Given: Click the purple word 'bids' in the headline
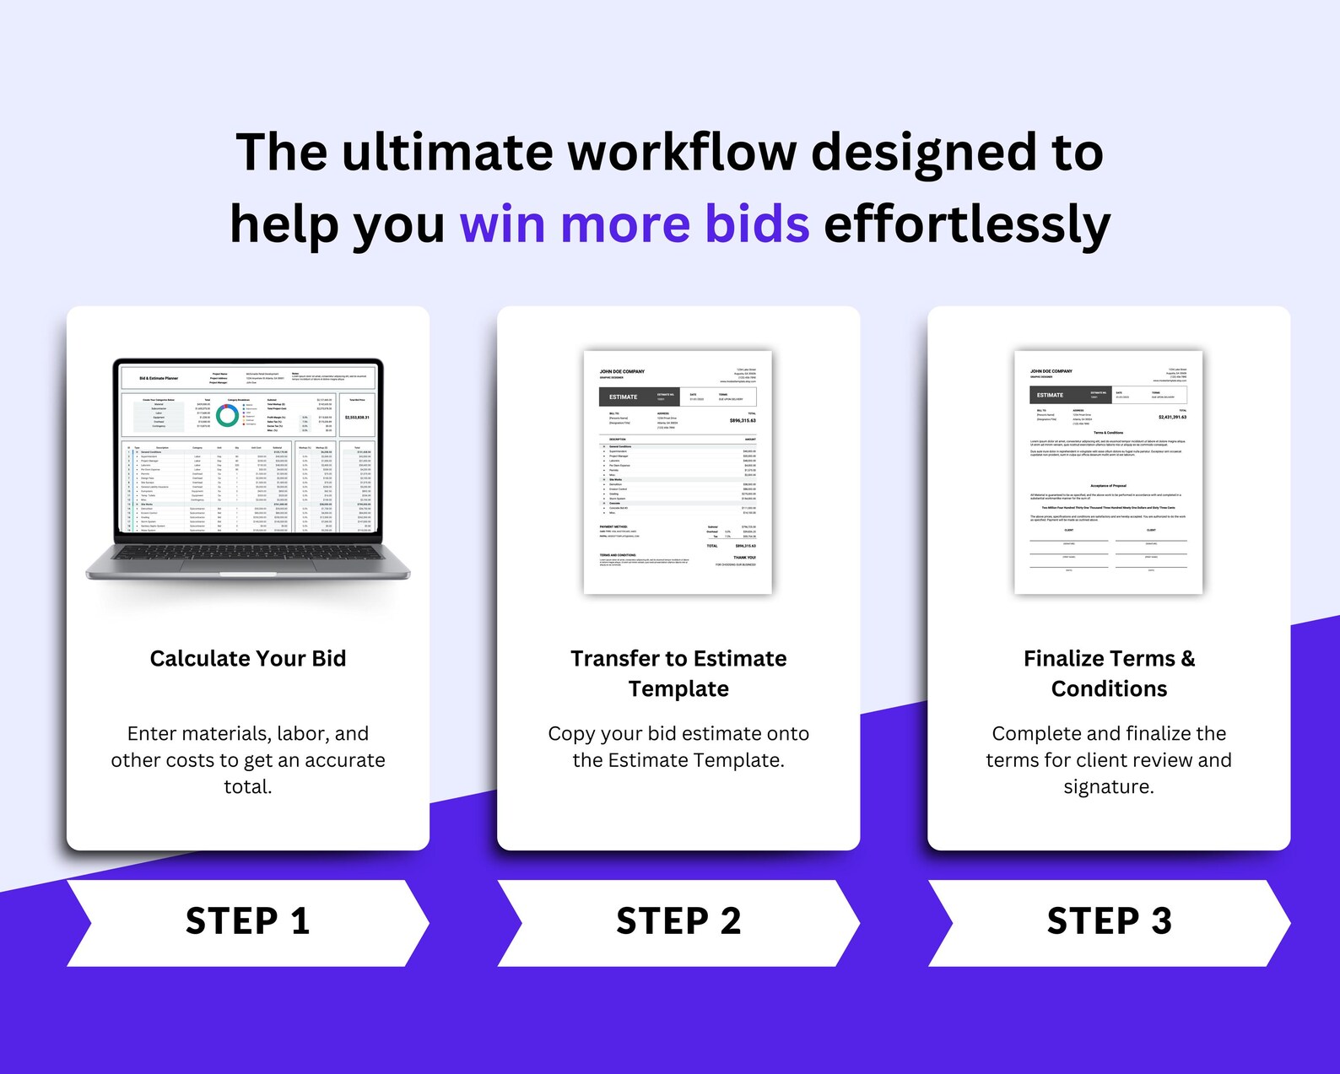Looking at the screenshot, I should click(x=757, y=224).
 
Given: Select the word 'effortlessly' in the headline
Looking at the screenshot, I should click(x=966, y=224).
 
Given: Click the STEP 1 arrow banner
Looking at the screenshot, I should click(x=247, y=922).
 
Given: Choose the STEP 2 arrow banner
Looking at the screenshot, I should click(x=678, y=922).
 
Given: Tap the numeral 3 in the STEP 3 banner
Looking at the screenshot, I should click(x=1161, y=921).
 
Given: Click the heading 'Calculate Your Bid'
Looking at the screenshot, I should click(x=248, y=658).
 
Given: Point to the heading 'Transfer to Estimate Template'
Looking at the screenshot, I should click(x=678, y=673).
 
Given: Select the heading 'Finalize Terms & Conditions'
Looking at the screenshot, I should click(x=1109, y=673).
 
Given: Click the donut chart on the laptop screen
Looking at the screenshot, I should click(x=227, y=415).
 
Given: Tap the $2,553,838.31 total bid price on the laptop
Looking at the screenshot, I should click(x=357, y=417).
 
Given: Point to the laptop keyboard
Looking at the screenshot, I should click(x=248, y=553).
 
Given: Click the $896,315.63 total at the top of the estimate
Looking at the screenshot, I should click(x=743, y=420).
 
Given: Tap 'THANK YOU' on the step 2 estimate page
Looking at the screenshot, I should click(x=744, y=558).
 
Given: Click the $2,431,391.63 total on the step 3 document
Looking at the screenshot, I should click(x=1172, y=417).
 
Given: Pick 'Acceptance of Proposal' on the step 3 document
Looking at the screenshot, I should click(x=1108, y=486).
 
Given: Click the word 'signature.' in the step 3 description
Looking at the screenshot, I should click(x=1108, y=787).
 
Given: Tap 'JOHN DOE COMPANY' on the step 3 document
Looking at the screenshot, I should click(x=1051, y=371).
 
